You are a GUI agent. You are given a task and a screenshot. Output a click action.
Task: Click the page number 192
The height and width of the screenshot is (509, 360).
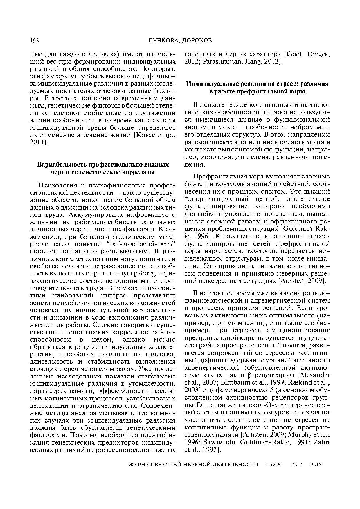pyautogui.click(x=34, y=41)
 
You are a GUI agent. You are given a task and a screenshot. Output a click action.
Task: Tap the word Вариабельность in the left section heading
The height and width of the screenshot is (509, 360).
pyautogui.click(x=62, y=165)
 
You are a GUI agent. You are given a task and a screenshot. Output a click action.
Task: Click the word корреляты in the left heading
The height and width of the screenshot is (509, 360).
pyautogui.click(x=140, y=172)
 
